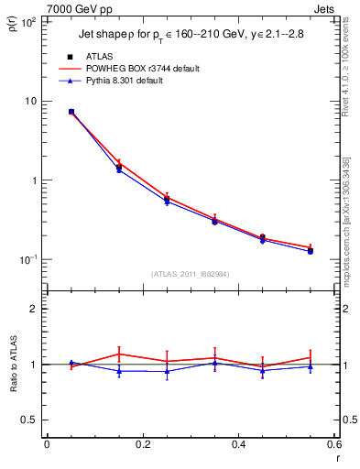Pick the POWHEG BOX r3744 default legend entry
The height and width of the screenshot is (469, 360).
147,69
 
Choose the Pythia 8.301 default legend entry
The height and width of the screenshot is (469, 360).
138,81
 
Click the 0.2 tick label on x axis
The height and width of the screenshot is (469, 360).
142,445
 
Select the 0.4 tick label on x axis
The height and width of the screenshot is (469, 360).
238,445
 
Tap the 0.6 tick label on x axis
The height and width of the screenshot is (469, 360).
333,445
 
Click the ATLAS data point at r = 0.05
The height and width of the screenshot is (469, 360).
71,112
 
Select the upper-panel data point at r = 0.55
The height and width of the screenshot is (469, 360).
311,250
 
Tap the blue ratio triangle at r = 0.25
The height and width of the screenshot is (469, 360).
167,371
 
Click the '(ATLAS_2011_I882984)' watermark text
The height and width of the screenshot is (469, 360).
190,274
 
